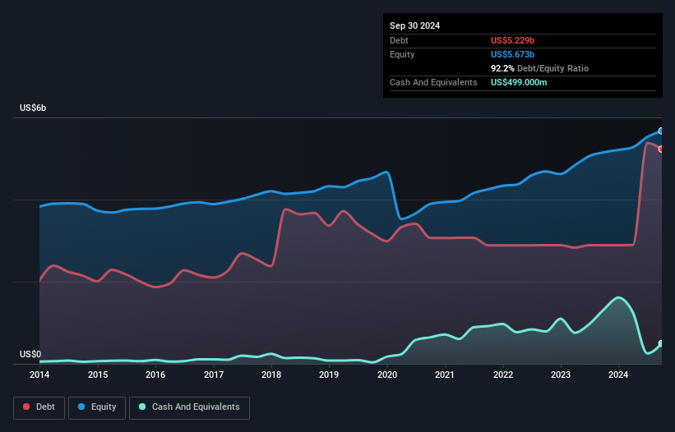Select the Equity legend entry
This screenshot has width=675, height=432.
(x=97, y=407)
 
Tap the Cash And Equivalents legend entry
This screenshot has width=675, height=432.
(x=189, y=407)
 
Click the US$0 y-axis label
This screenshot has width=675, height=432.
(x=30, y=355)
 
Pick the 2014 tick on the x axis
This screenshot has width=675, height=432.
(x=39, y=375)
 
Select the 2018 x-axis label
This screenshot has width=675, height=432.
(x=271, y=375)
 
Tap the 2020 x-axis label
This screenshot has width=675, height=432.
(x=387, y=375)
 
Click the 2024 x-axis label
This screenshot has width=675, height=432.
(x=618, y=375)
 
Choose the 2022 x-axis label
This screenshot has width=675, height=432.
(x=503, y=375)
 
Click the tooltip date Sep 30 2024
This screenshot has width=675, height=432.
(x=415, y=25)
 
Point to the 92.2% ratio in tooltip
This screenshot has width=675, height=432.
(x=503, y=68)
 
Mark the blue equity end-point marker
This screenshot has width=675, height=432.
(x=660, y=131)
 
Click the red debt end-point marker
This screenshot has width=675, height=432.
(x=660, y=149)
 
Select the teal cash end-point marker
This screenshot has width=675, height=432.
(x=660, y=343)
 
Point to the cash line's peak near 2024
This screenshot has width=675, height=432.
(x=618, y=297)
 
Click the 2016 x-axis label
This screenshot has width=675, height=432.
(x=155, y=375)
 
